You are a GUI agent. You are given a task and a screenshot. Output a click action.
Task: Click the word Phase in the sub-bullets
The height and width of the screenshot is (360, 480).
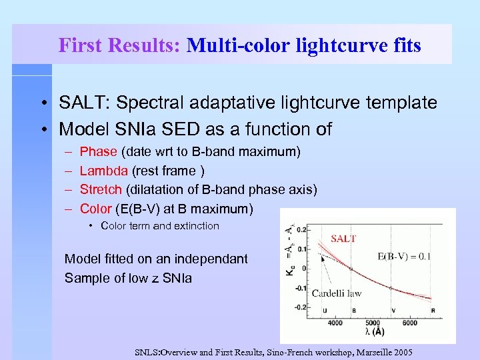(x=98, y=152)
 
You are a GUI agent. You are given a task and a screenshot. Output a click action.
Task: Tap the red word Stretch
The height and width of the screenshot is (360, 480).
(x=101, y=190)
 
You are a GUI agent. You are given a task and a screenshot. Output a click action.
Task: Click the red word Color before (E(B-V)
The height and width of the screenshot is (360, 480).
(x=95, y=209)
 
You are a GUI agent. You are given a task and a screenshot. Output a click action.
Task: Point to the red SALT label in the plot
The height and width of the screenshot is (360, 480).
(x=344, y=239)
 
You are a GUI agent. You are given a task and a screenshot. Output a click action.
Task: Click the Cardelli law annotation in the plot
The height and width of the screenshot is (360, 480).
(x=337, y=293)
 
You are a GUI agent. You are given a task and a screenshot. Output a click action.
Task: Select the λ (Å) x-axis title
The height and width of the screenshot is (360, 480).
(x=374, y=333)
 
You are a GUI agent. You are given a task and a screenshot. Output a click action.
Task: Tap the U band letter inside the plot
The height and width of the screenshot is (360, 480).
(x=324, y=311)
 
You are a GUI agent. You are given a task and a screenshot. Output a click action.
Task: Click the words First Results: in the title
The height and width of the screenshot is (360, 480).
(x=119, y=45)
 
